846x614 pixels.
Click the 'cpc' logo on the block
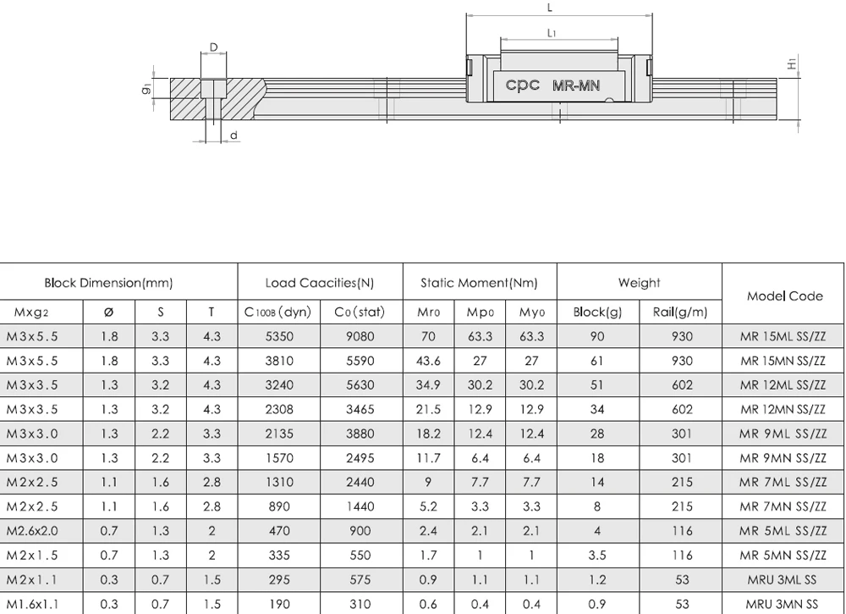[522, 85]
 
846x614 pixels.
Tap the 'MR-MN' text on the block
[575, 86]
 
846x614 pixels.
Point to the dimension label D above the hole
[214, 47]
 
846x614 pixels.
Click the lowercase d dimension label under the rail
[233, 135]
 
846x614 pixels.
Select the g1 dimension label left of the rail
[146, 89]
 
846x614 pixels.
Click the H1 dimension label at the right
[792, 64]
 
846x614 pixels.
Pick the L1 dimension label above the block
[552, 33]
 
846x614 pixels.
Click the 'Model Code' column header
[784, 296]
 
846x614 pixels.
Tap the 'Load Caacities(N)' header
[320, 283]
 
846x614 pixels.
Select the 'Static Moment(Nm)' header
[479, 283]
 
